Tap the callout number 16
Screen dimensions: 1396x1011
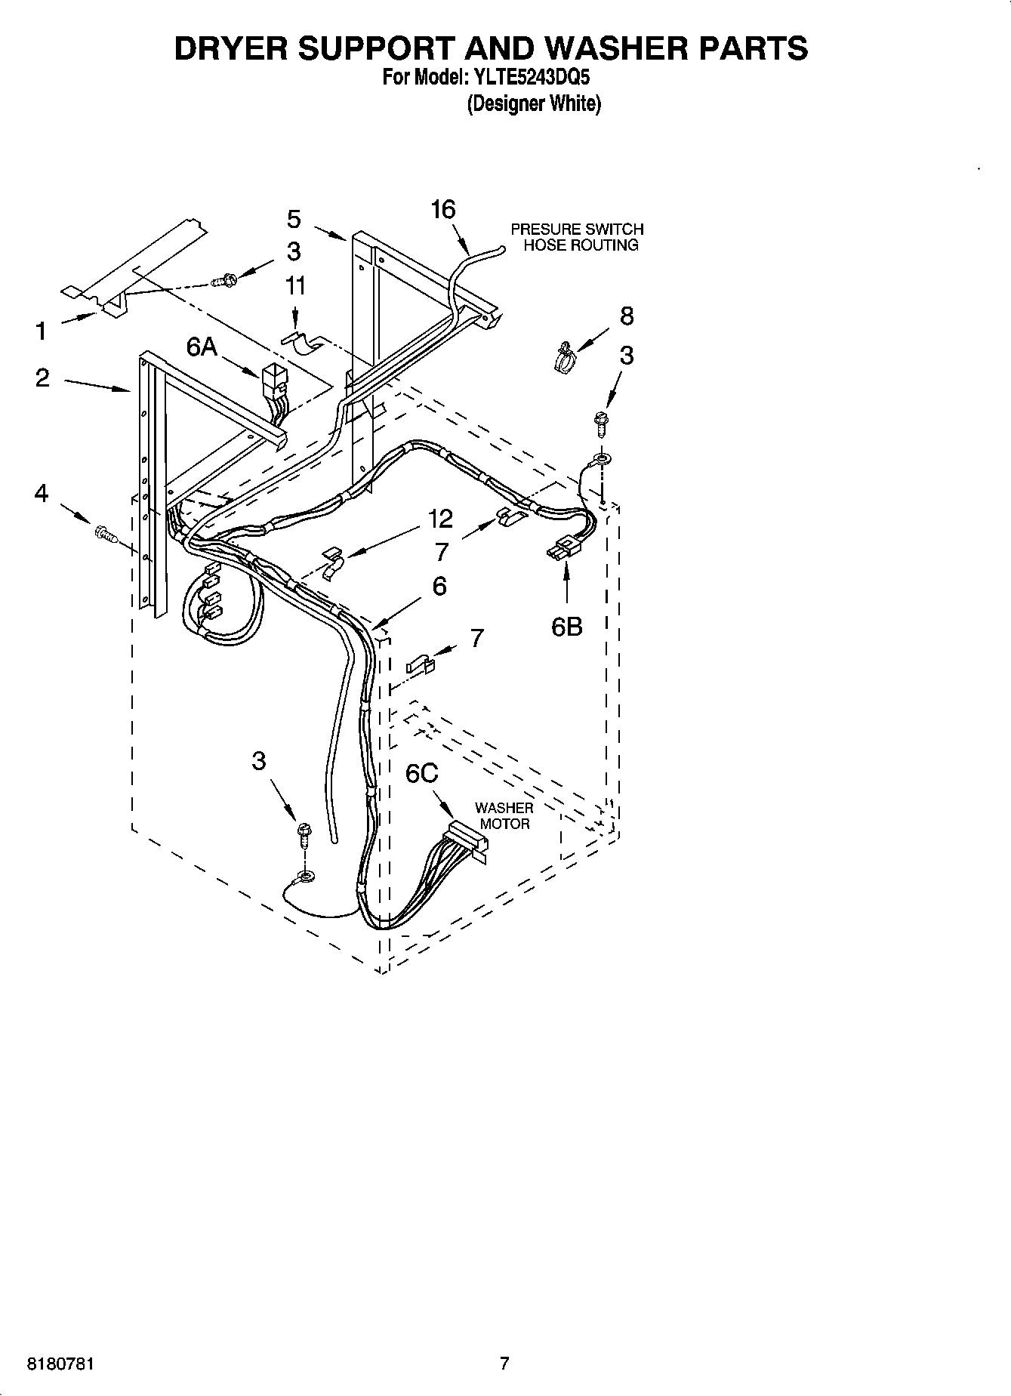coord(443,209)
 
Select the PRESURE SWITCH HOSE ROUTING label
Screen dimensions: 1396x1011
coord(578,237)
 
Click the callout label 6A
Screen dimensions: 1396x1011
coord(202,347)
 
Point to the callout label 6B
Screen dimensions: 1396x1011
coord(566,626)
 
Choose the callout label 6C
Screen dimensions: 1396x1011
coord(422,774)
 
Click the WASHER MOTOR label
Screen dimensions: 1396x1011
coord(504,815)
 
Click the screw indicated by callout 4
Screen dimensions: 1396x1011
coord(104,535)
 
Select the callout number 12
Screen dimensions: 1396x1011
coord(440,519)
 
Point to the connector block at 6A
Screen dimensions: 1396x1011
coord(272,378)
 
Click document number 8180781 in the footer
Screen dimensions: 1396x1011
coord(61,1364)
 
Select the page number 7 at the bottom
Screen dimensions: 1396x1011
coord(504,1363)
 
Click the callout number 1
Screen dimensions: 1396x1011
coord(41,331)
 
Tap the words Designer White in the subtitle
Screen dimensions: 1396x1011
coord(534,103)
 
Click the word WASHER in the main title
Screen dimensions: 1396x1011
coord(601,48)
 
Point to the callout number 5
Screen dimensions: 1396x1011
coord(294,219)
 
